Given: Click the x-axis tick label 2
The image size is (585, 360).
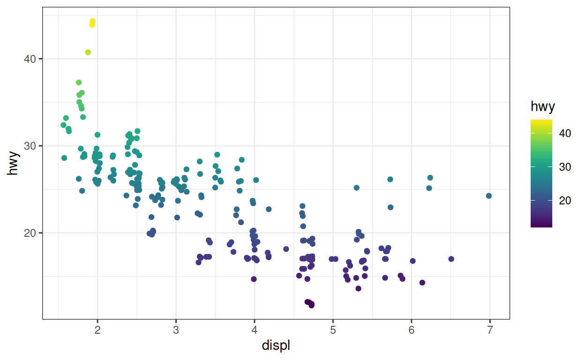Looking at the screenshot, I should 97,330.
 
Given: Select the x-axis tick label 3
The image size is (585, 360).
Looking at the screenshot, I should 176,330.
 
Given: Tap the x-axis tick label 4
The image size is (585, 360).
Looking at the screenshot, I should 255,330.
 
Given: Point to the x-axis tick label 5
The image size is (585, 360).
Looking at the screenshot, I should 333,330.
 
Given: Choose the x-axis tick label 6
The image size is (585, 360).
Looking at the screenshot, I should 412,330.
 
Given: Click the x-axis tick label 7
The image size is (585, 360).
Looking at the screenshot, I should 490,330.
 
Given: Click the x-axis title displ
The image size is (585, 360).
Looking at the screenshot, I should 276,346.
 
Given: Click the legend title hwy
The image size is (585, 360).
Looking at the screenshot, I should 543,107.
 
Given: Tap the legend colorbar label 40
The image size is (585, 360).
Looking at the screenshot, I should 565,133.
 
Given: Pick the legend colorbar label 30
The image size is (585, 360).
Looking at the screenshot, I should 565,167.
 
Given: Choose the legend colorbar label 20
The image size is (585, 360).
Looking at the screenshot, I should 565,201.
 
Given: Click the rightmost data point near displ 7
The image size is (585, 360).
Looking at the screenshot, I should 489,196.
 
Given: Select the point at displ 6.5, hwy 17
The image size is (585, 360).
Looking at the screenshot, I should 451,259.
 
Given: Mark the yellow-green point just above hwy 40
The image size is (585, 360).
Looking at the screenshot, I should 88,52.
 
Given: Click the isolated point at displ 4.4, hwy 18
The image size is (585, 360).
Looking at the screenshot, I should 286,249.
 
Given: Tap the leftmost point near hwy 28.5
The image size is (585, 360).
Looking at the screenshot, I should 64,158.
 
